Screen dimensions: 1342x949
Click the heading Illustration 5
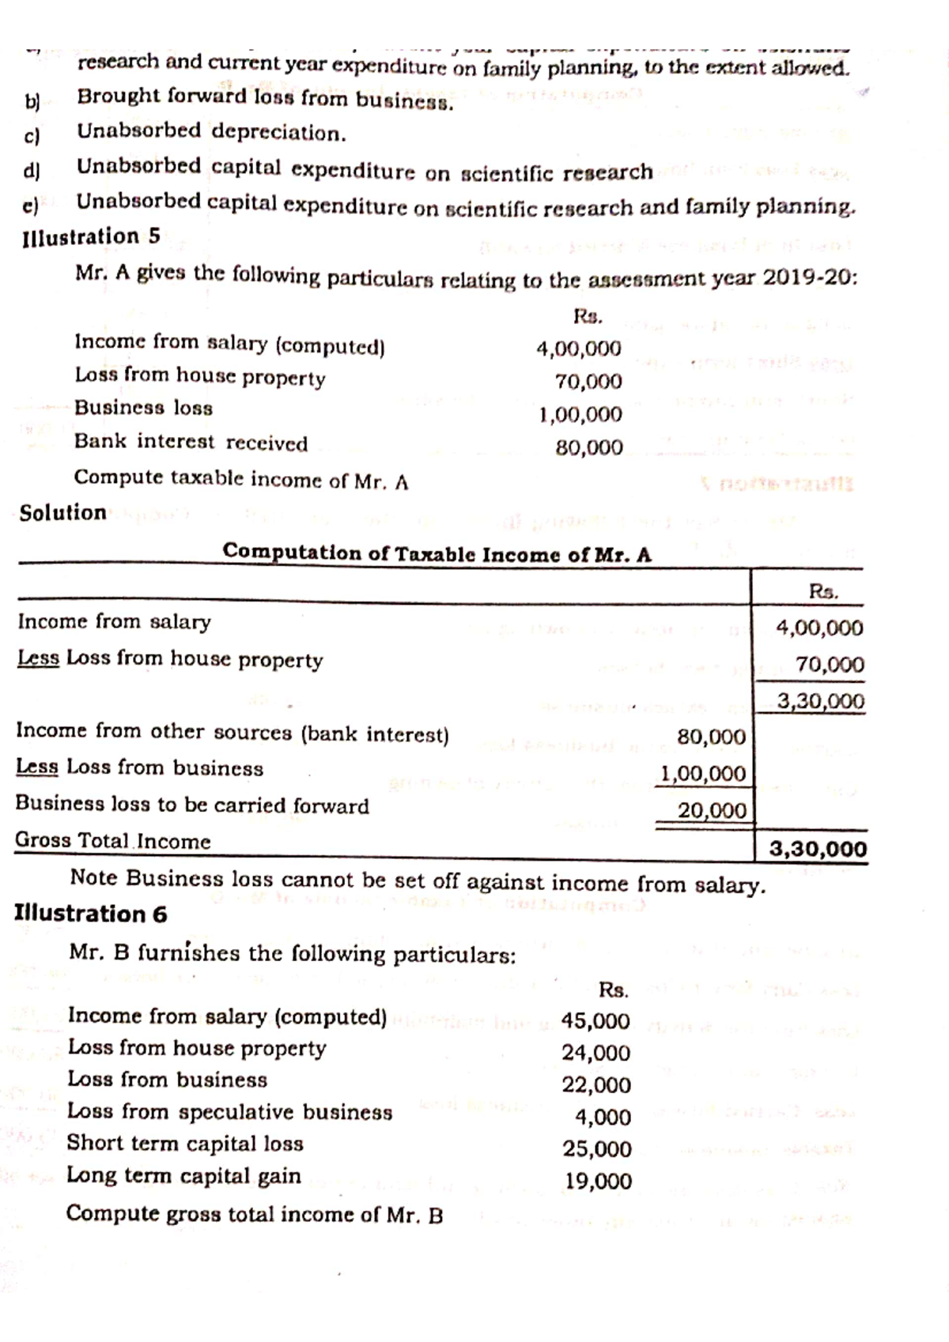pos(92,236)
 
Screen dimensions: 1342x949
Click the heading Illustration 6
pos(91,914)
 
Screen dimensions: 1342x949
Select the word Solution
pos(63,513)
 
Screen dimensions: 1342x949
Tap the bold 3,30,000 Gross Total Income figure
pos(817,850)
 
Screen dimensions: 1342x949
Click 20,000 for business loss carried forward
pos(711,811)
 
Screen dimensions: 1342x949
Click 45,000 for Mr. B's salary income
pos(595,1021)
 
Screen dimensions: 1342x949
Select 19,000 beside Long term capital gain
pos(598,1182)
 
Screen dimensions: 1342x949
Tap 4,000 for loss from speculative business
pos(603,1118)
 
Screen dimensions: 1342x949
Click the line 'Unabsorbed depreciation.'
pos(211,132)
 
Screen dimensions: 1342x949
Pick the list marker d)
pos(32,170)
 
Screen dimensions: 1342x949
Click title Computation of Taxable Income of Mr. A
pos(437,553)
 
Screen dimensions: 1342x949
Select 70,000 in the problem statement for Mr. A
pos(588,383)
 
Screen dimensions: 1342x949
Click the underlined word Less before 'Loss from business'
pos(37,767)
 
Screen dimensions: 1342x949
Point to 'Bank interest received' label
pos(191,443)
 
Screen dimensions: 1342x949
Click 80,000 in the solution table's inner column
pos(711,737)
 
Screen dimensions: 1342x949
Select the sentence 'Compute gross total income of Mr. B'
pos(254,1214)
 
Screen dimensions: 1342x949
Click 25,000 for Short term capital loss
pos(597,1149)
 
